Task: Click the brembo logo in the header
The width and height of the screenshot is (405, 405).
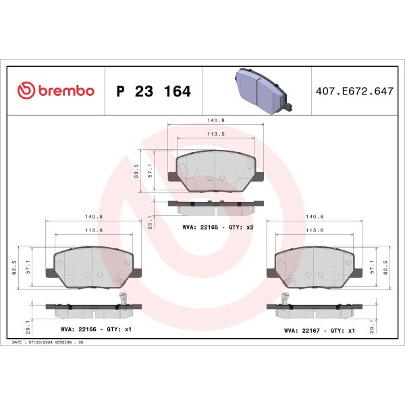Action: pos(55,91)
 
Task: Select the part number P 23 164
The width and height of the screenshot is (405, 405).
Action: pos(154,91)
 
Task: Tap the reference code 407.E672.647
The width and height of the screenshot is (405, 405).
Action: pos(354,91)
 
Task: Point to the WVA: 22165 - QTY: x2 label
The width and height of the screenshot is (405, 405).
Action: pos(218,227)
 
